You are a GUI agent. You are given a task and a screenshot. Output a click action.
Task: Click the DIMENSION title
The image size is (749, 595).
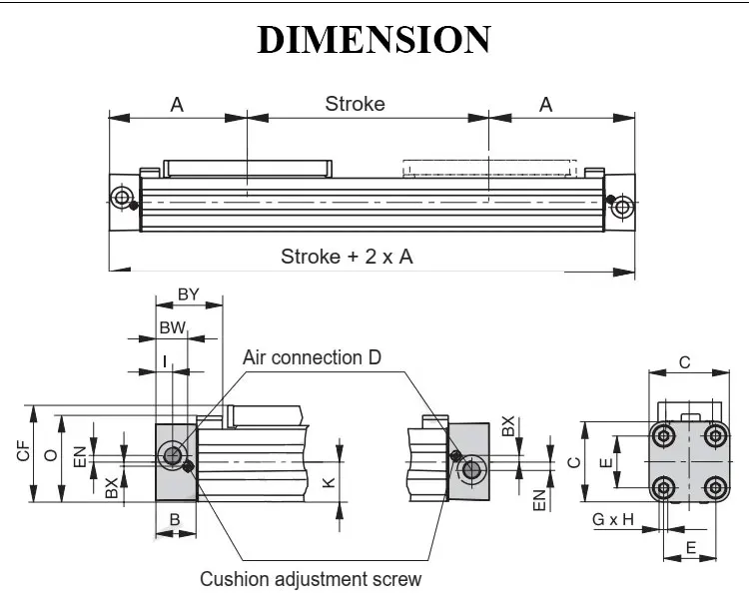click(x=374, y=39)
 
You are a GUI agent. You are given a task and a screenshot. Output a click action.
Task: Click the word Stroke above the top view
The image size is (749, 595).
click(x=355, y=104)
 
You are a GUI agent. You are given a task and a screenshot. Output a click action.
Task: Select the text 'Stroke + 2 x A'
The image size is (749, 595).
click(x=347, y=257)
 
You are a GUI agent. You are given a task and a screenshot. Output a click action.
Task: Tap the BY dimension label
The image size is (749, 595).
click(x=188, y=295)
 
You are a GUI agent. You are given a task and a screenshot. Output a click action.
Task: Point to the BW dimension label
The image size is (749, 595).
click(x=172, y=327)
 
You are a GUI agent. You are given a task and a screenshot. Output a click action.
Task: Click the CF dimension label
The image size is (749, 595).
click(x=23, y=451)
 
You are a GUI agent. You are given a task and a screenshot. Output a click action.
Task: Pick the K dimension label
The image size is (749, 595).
click(x=329, y=482)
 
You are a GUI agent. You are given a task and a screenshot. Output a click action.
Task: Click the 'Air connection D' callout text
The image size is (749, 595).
click(x=312, y=357)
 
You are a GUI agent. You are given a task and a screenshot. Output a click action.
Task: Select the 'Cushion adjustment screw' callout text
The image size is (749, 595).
click(x=311, y=579)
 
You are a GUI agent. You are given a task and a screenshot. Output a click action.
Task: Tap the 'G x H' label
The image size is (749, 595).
click(x=613, y=519)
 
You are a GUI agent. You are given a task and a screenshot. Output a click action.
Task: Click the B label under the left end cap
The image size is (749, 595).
click(x=175, y=519)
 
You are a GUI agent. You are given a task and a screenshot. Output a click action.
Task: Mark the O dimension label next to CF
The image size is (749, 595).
click(x=51, y=455)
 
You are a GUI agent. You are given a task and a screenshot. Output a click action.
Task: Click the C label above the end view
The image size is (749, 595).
click(x=684, y=363)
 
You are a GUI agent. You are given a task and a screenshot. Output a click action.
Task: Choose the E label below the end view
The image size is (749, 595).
click(x=691, y=548)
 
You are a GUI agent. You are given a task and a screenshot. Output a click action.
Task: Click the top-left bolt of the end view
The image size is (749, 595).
click(x=663, y=435)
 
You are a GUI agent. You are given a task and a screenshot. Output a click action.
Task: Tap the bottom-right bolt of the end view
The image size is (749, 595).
click(x=716, y=488)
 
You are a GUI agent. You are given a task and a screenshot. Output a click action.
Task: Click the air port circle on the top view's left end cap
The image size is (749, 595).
click(x=121, y=197)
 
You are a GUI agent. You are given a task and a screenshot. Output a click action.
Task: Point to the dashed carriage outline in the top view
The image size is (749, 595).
click(x=489, y=169)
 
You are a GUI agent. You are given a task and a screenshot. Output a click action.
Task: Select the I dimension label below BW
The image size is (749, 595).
click(x=165, y=362)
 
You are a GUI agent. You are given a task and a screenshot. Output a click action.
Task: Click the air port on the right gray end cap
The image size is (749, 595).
click(x=472, y=470)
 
